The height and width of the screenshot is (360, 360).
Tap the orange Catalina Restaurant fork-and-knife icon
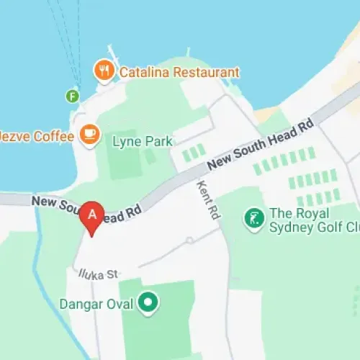click(x=105, y=71)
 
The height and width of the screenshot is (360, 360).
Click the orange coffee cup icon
click(x=89, y=134)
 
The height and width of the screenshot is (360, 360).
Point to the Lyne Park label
click(x=143, y=141)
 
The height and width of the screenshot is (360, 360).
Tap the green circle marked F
click(x=72, y=95)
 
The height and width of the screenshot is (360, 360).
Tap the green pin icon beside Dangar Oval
click(x=148, y=303)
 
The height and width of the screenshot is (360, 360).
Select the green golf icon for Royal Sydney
click(x=253, y=217)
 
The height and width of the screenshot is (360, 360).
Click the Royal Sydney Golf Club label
click(x=314, y=221)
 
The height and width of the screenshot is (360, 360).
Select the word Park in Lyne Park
click(x=158, y=141)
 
